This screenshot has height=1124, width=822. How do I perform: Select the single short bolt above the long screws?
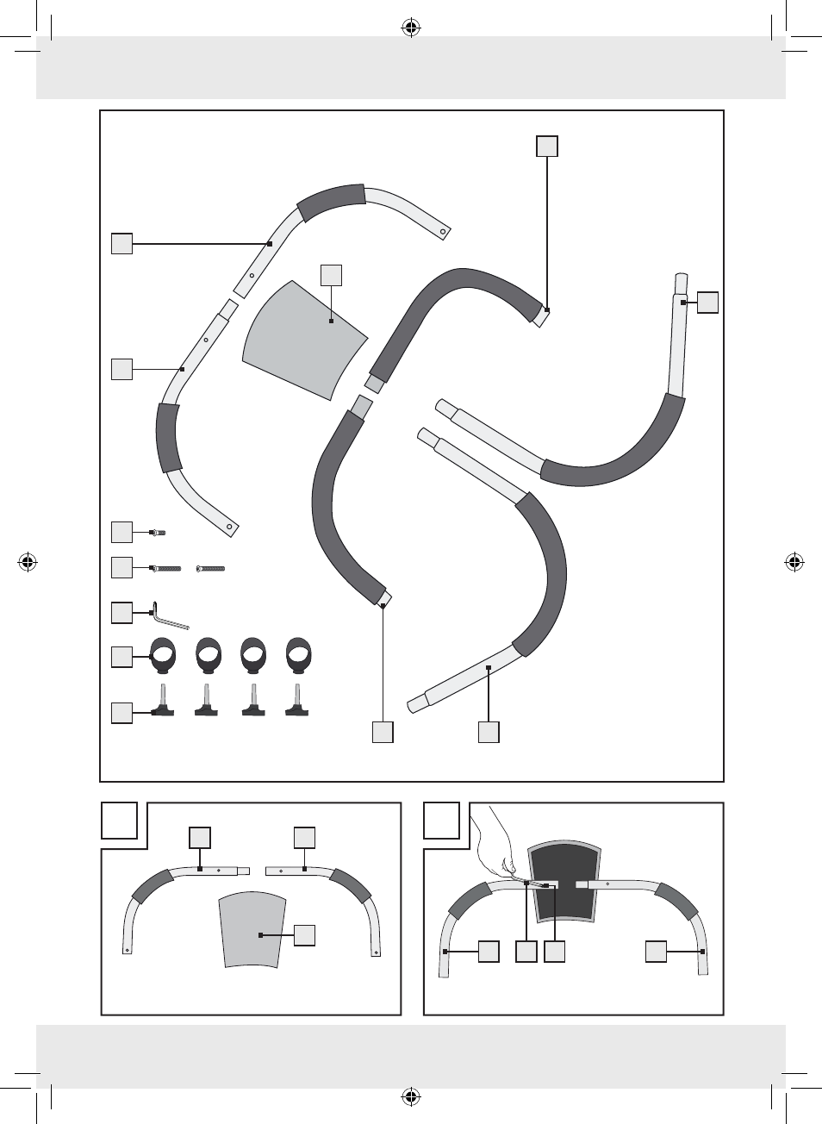point(158,533)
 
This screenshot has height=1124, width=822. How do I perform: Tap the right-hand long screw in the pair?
point(211,569)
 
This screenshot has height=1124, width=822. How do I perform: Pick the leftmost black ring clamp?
point(163,656)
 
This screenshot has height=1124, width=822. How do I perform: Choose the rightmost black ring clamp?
point(298,656)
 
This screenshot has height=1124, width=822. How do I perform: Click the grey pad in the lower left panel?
point(252,931)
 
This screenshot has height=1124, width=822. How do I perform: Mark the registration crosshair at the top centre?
point(411,28)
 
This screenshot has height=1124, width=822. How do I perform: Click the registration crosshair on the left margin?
point(28,563)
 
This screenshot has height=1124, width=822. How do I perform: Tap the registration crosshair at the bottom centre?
point(411,1097)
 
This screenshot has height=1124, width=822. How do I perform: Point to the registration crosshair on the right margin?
point(794,563)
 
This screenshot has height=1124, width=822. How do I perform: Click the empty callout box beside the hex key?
point(121,612)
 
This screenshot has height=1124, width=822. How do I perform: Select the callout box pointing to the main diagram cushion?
point(331,275)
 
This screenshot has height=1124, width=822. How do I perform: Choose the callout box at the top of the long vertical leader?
point(547,146)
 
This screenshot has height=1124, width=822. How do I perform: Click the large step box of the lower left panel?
point(120,820)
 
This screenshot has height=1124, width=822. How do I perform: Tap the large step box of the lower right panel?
point(442,820)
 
